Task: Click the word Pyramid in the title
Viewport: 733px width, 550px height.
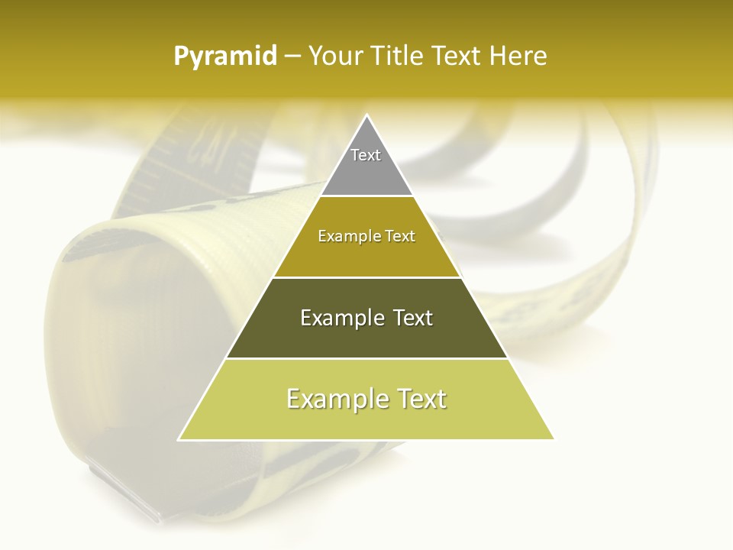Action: click(x=225, y=57)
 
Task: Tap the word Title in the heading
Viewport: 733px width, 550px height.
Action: click(x=400, y=57)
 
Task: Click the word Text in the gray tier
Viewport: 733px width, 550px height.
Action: click(x=366, y=155)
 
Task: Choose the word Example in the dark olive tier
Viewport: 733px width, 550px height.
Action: click(x=338, y=318)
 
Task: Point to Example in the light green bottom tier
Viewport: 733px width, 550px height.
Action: click(x=332, y=399)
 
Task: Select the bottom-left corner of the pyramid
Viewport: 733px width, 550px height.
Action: click(x=179, y=439)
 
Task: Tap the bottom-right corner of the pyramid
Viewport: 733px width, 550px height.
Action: click(x=554, y=439)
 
